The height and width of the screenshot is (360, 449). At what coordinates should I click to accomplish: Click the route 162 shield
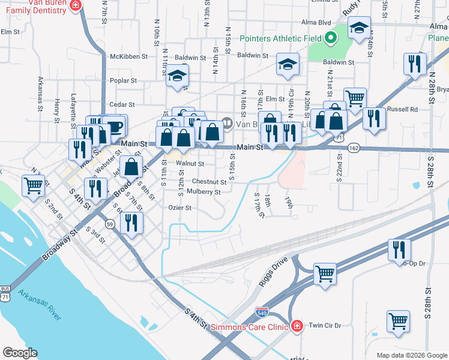[354, 148]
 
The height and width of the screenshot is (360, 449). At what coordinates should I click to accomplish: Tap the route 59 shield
[109, 224]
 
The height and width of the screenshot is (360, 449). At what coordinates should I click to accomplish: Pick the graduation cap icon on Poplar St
[177, 76]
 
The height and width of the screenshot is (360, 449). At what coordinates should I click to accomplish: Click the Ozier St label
[179, 208]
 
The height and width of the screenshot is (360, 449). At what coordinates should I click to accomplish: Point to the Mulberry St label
[203, 192]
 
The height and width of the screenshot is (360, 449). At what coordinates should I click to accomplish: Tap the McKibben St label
[128, 57]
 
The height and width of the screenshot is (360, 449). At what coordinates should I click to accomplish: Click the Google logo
[20, 352]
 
